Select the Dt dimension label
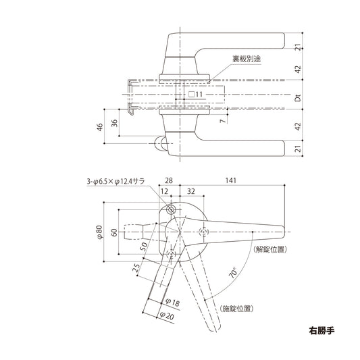pos(298,97)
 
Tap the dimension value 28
pos(168,182)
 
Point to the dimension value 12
pos(164,192)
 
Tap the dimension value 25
pos(138,271)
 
